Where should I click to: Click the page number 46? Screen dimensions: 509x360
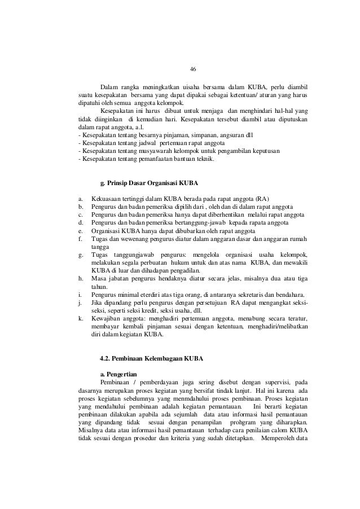pos(193,69)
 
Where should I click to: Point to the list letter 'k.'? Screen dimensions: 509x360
pos(81,318)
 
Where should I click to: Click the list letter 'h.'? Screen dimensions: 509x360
pos(81,278)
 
